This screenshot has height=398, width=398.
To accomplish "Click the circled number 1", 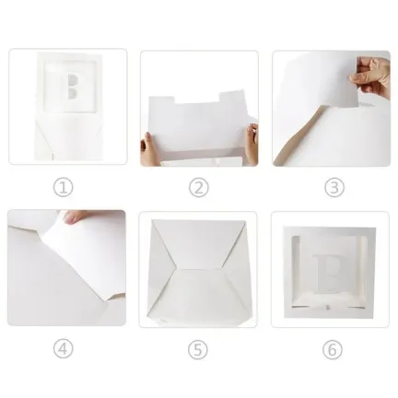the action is (x=64, y=187).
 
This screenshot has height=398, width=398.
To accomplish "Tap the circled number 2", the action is (x=199, y=187).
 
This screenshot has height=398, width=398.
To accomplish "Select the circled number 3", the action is (x=334, y=187).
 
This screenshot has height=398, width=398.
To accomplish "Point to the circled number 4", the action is (x=64, y=348).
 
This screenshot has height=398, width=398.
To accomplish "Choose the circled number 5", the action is (x=198, y=349).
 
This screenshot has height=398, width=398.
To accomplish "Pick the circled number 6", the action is (x=333, y=349).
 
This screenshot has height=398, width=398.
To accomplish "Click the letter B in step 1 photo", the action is (x=73, y=87).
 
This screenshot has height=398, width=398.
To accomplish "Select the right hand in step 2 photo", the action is (x=252, y=143).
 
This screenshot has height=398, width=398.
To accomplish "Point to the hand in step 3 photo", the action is (x=370, y=76).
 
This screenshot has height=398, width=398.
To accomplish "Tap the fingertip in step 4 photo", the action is (x=73, y=217).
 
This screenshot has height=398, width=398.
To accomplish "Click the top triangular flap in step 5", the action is (x=198, y=244).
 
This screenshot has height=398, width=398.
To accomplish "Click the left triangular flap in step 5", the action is (x=162, y=270).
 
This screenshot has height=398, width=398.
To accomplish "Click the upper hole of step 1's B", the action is (x=73, y=80).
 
